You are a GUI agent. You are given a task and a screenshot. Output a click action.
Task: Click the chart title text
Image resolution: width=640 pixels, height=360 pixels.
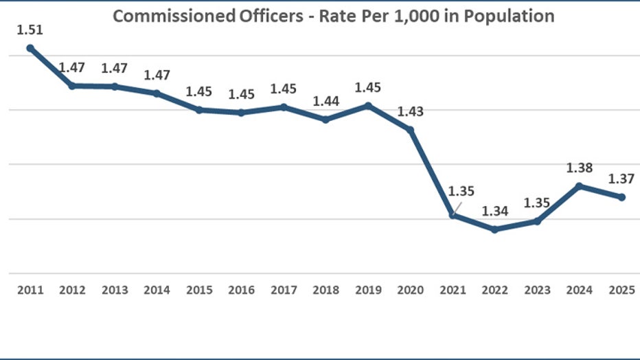pyautogui.click(x=333, y=16)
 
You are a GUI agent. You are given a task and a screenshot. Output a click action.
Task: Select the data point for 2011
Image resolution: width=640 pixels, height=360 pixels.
pyautogui.click(x=30, y=48)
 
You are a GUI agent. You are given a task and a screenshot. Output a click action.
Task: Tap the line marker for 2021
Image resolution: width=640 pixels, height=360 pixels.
pyautogui.click(x=453, y=215)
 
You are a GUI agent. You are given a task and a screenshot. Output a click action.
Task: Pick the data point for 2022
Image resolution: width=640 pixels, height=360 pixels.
pyautogui.click(x=494, y=229)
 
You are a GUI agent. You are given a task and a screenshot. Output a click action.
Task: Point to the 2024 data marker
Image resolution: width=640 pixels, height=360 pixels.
pyautogui.click(x=580, y=185)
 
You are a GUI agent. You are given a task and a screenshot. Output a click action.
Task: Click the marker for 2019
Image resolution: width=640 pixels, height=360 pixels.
pyautogui.click(x=368, y=105)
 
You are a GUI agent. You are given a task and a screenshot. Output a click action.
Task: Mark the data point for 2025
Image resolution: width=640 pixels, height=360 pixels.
pyautogui.click(x=621, y=197)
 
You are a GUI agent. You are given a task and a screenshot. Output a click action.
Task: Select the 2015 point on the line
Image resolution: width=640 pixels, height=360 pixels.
pyautogui.click(x=199, y=110)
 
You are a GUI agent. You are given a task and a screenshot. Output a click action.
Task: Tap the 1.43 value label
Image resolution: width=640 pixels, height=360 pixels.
pyautogui.click(x=410, y=111)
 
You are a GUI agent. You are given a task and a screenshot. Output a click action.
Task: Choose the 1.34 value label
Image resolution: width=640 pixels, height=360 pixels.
pyautogui.click(x=494, y=211)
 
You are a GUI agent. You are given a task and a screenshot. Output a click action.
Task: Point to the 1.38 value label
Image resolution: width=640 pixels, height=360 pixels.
pyautogui.click(x=580, y=168)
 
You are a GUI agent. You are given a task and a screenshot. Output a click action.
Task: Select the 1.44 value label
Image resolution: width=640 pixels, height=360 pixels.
pyautogui.click(x=325, y=101)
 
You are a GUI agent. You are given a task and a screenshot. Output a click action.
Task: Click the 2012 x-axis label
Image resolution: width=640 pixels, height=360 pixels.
pyautogui.click(x=72, y=290)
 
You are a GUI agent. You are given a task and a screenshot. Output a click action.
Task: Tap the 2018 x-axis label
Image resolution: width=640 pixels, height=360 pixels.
pyautogui.click(x=325, y=290)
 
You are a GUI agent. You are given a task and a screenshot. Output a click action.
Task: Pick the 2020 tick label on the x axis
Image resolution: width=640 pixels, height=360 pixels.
pyautogui.click(x=410, y=290)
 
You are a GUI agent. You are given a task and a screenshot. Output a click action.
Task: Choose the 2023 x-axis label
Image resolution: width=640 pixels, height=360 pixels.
pyautogui.click(x=537, y=290)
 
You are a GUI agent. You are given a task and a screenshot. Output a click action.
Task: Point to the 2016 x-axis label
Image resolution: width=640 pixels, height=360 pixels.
pyautogui.click(x=241, y=290)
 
